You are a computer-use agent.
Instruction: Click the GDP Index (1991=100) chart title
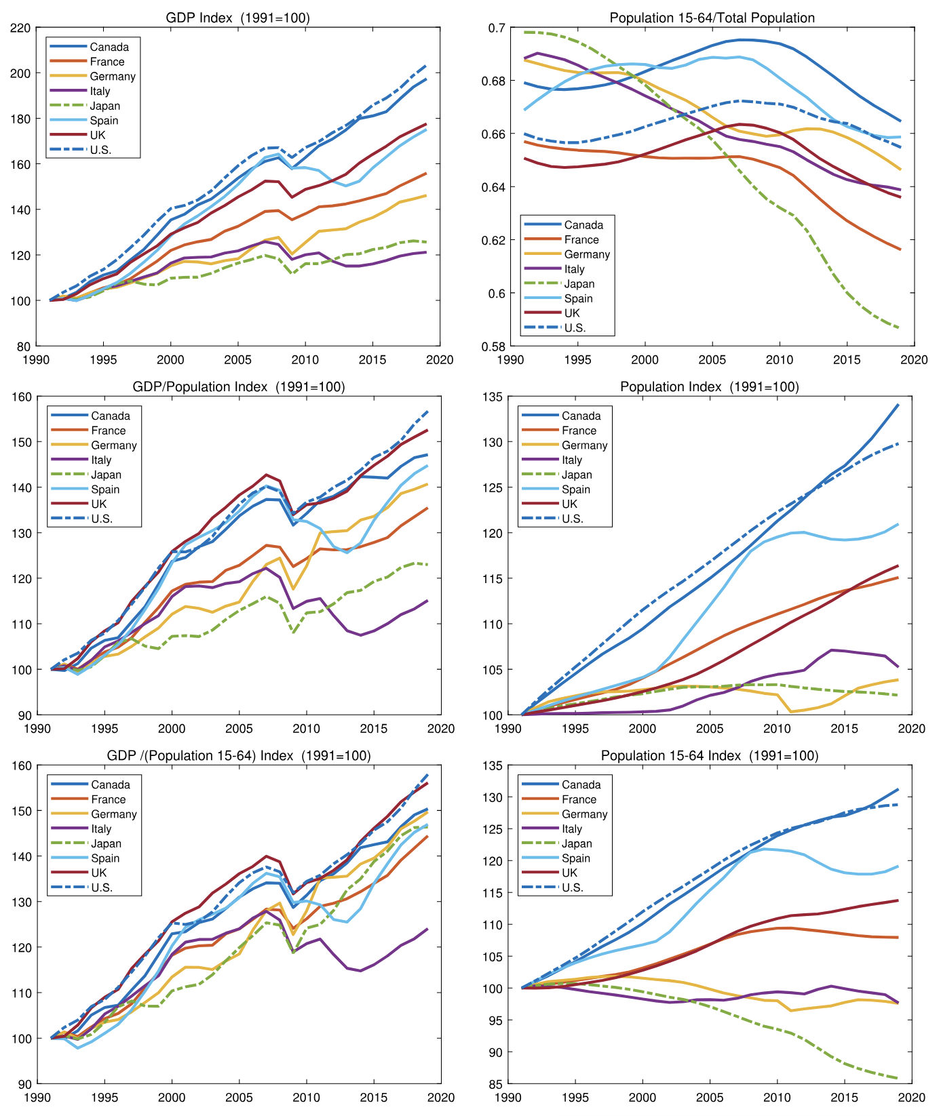click(x=237, y=18)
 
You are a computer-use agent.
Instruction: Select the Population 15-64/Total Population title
click(x=712, y=18)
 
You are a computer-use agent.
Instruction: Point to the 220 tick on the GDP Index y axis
click(x=21, y=28)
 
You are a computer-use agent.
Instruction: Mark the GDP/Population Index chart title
click(x=238, y=386)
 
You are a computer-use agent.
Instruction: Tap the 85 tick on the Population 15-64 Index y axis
click(x=496, y=1084)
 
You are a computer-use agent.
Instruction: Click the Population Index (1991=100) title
click(x=709, y=386)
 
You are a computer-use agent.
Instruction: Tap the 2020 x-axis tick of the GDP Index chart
click(x=440, y=360)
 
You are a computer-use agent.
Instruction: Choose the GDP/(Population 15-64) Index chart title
click(x=238, y=755)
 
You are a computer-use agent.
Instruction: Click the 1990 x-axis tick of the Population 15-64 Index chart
click(x=509, y=1098)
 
